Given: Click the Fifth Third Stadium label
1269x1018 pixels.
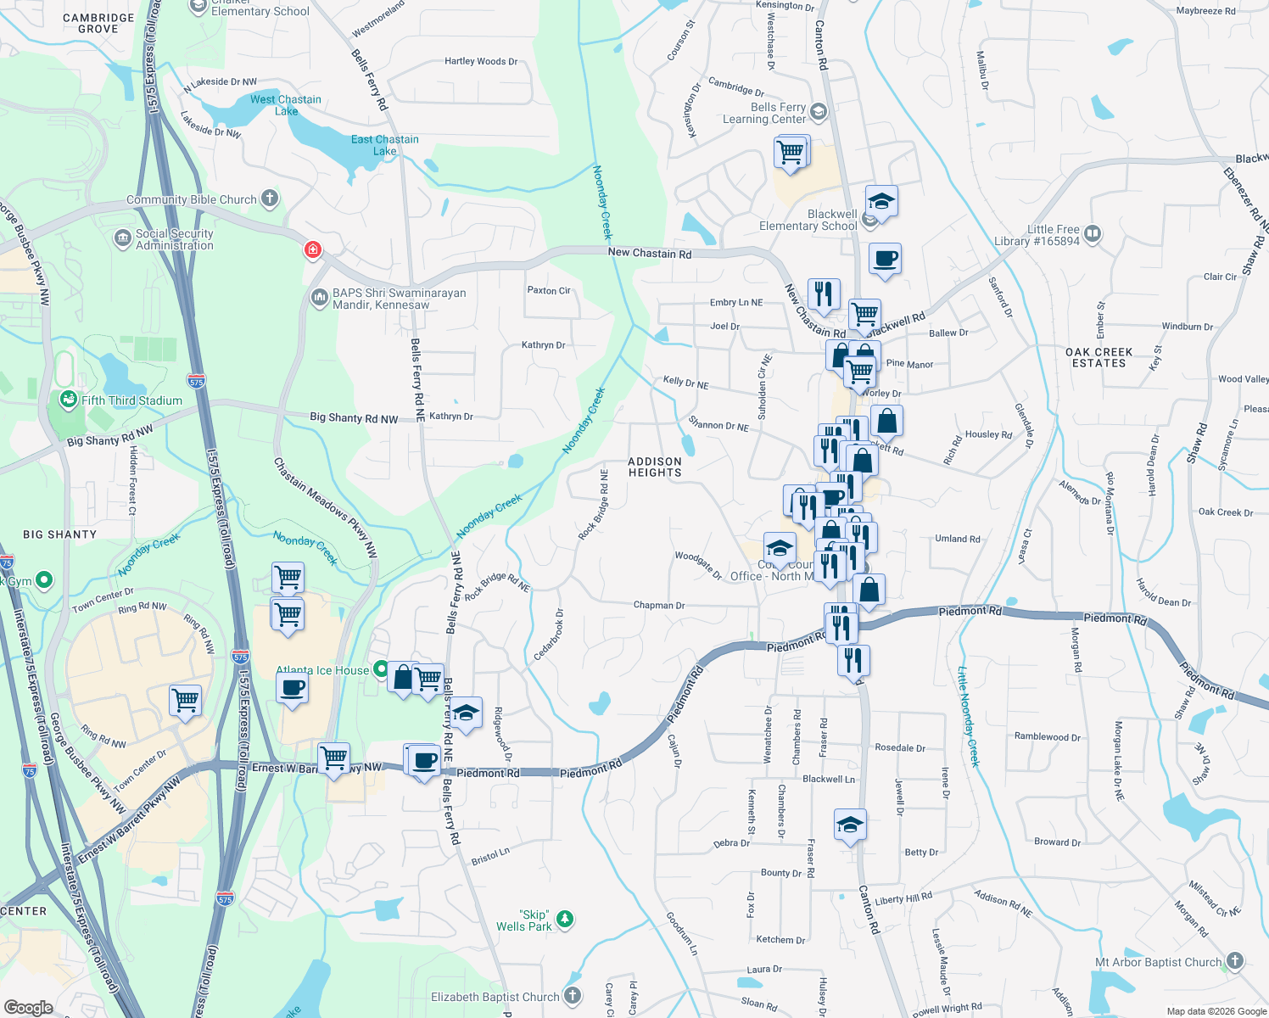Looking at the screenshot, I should [131, 400].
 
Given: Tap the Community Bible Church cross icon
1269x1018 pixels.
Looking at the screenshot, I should [270, 199].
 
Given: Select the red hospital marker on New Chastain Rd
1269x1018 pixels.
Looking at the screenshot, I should [313, 249].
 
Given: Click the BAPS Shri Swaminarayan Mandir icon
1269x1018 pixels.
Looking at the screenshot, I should [320, 297].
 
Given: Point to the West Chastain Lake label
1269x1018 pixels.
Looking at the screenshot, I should [286, 105].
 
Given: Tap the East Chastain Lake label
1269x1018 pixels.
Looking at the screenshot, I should [385, 145].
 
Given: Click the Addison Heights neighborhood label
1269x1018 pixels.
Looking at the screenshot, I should [655, 467].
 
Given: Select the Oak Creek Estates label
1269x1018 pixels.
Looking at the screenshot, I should [1099, 357].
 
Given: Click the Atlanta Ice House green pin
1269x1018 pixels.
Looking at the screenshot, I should [381, 668].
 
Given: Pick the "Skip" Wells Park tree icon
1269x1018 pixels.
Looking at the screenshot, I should [565, 920].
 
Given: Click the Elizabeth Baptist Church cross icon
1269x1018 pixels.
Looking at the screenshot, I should [573, 996].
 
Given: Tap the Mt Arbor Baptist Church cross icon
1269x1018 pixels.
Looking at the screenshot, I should [1235, 961].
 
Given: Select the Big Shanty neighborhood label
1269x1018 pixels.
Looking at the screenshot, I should [60, 534].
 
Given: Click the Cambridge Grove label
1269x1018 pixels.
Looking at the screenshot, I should [98, 23].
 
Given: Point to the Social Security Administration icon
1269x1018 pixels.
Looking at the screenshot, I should [122, 238].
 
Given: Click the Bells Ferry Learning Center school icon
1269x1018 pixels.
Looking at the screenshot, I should [819, 111].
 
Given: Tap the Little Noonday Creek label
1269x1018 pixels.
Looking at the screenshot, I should [968, 717].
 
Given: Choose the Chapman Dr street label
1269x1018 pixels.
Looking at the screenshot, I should [659, 605].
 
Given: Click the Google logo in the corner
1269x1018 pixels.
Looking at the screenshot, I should [28, 1008].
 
